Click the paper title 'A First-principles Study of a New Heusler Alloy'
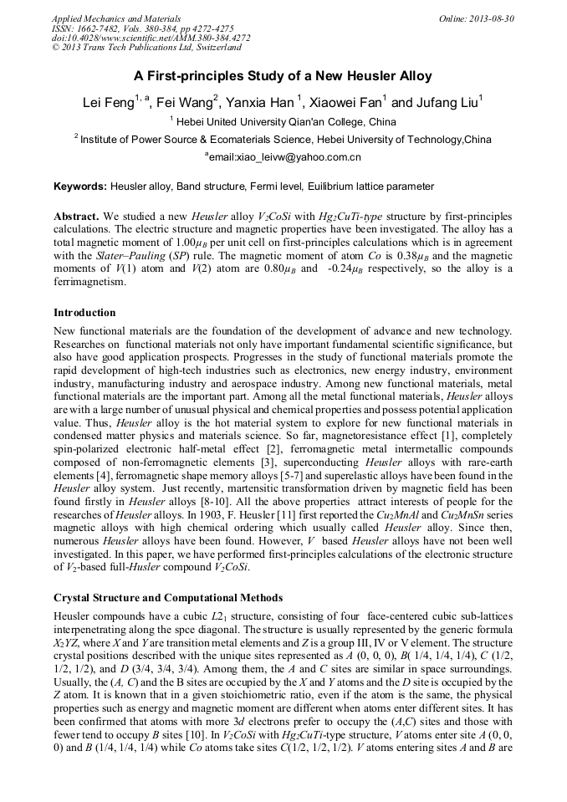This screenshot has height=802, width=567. pos(283,76)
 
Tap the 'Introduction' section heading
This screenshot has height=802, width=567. pos(84,313)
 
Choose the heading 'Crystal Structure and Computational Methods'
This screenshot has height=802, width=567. pos(167,598)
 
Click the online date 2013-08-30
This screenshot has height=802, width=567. pos(492,18)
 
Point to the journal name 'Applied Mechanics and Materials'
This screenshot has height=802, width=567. pos(109,18)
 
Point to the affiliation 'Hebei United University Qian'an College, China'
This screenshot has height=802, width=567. pos(289,122)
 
